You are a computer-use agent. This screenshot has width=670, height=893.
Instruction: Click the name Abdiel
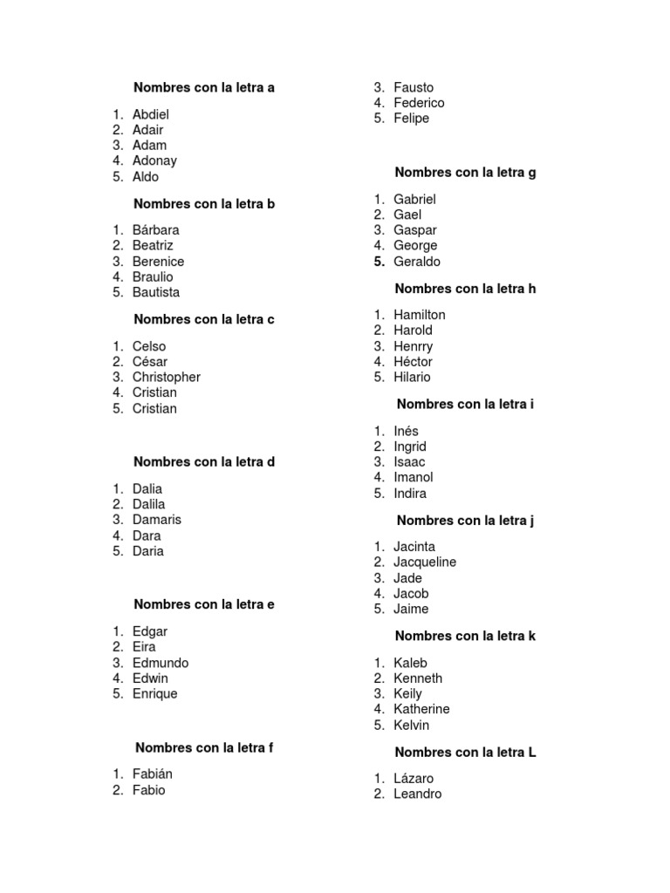pos(150,114)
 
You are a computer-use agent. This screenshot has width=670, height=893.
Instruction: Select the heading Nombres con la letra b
pos(204,204)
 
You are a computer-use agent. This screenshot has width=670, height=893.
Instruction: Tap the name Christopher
pos(166,378)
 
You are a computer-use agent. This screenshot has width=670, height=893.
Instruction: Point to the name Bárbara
pos(155,230)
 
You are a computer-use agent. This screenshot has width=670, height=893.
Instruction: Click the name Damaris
pos(157,520)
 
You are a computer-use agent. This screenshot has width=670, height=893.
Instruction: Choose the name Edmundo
pos(160,663)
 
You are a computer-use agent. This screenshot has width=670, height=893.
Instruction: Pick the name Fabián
pos(153,774)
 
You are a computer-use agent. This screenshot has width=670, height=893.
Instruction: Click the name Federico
pos(419,103)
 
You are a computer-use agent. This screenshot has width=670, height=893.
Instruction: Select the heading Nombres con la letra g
pos(465,173)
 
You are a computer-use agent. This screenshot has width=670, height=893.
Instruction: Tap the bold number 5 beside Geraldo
pos(379,262)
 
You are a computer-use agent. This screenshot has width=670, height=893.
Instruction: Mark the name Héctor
pos(413,362)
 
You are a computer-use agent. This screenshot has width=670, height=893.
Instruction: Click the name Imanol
pos(413,478)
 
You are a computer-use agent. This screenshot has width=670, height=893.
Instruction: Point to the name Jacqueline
pos(424,562)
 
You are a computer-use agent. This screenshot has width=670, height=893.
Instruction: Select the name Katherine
pos(421,710)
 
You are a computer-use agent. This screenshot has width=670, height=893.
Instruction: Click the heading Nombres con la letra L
pos(465,753)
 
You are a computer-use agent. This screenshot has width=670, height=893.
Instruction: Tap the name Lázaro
pos(413,779)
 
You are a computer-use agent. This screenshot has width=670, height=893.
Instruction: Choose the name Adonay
pos(154,161)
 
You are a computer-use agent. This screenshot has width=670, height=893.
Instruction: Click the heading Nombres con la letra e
pos(204,604)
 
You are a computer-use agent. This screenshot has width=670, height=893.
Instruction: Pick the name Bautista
pos(156,293)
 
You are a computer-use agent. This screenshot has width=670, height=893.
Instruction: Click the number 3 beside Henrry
pos(379,346)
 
